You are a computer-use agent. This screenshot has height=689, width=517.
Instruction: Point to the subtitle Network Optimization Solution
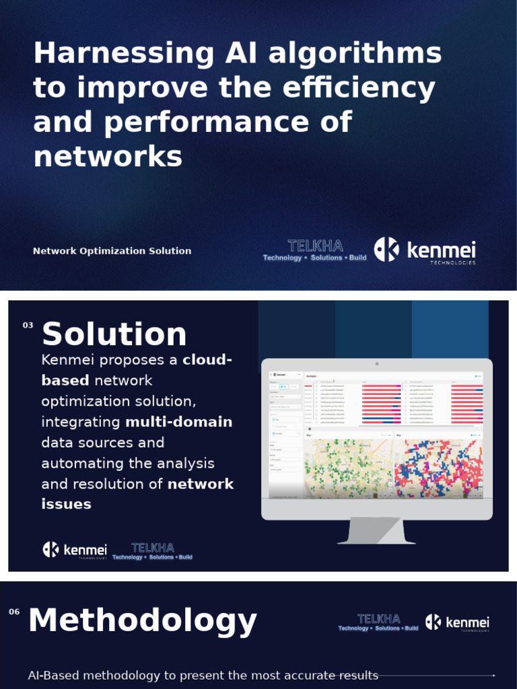pos(112,251)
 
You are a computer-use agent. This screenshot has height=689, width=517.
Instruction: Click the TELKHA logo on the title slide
pos(314,250)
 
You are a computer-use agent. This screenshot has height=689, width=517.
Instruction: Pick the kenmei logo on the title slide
pos(425,250)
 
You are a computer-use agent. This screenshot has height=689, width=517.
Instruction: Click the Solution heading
pos(114,334)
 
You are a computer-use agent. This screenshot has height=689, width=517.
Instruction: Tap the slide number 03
pos(28,326)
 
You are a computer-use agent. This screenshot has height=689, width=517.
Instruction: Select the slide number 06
pos(14,612)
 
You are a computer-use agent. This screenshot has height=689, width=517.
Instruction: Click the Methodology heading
pos(143,620)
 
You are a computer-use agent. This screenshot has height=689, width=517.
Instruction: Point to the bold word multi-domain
pos(178,422)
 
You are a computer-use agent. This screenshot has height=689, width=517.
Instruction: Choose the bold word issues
pos(66,504)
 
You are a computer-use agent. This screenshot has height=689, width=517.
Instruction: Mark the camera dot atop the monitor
pos(377,364)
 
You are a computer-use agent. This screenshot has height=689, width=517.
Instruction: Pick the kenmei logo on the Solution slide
pos(75,550)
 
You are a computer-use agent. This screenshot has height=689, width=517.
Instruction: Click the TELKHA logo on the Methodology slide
pos(378,622)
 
